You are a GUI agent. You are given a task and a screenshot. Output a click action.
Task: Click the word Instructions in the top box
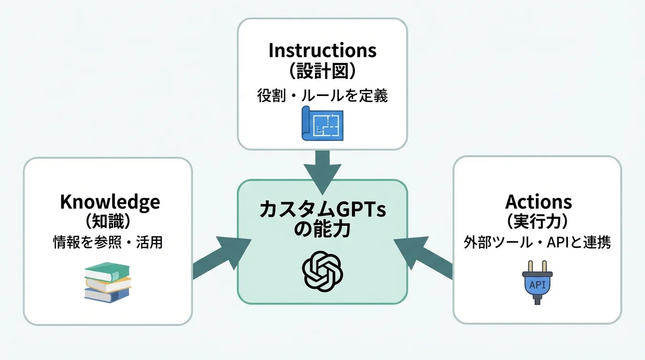click(322, 50)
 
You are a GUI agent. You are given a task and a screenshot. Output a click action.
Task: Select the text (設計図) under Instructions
click(322, 72)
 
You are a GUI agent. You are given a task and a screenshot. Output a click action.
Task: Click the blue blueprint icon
click(322, 123)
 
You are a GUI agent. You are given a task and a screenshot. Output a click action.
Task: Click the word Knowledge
click(110, 202)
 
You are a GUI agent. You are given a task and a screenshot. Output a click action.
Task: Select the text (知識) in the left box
click(108, 221)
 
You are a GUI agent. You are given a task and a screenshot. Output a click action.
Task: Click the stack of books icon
click(107, 282)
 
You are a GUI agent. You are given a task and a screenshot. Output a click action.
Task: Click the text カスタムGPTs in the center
click(322, 210)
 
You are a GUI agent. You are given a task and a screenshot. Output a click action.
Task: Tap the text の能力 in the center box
click(322, 230)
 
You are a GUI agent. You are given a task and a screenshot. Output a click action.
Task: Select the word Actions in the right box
click(538, 202)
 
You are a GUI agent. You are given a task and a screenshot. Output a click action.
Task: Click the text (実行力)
click(538, 221)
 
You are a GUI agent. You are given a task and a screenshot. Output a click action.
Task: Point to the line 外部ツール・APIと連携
click(537, 242)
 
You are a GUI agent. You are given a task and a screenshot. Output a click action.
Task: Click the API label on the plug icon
click(537, 285)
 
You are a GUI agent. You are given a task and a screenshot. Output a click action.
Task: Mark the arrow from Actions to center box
click(424, 257)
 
